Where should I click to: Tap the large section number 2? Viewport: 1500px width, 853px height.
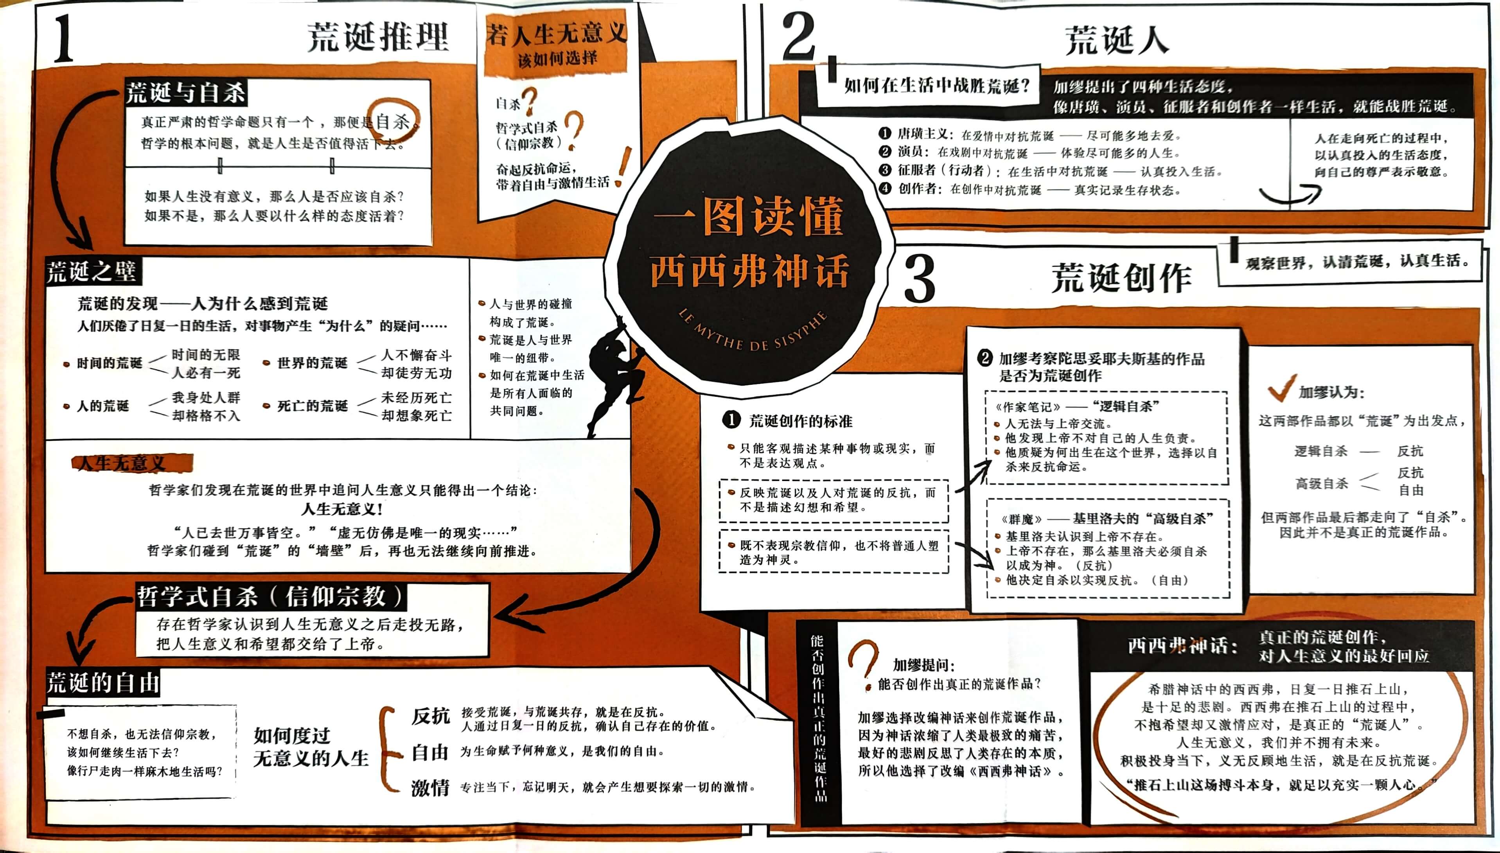799,36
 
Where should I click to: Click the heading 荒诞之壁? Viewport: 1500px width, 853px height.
92,272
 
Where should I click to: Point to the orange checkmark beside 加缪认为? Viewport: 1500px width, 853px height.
1281,388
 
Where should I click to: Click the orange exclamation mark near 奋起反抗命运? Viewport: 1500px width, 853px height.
624,167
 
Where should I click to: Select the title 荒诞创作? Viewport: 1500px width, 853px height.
1121,278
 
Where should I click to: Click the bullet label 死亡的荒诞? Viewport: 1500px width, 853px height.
312,406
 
